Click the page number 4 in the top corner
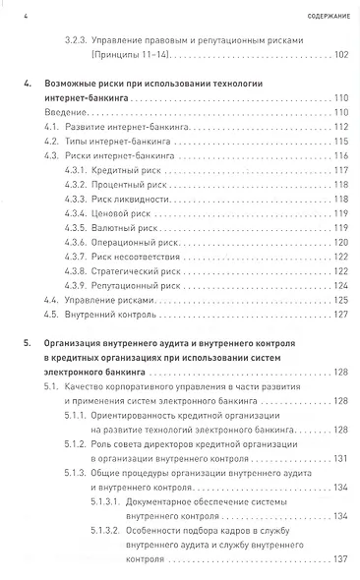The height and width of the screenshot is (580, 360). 25,15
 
